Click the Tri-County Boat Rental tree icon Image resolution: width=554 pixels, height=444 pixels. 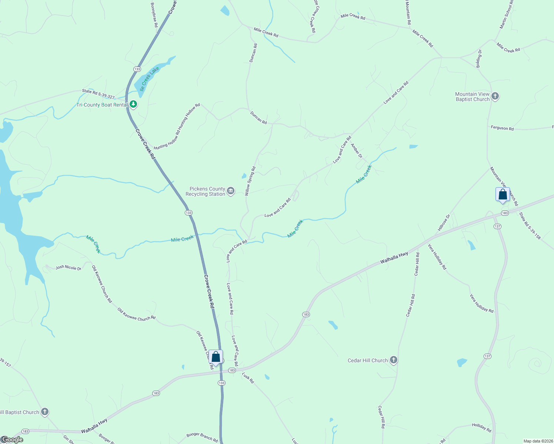coord(133,105)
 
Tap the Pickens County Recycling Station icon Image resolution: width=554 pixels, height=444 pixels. coord(231,191)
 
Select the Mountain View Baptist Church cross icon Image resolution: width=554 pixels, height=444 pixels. coord(495,97)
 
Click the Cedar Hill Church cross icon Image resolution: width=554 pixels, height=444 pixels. coord(394,360)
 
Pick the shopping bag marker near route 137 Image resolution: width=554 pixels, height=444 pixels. coord(503,195)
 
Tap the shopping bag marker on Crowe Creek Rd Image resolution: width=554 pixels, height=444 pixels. coord(216,357)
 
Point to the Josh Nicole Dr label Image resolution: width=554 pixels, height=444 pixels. coord(68,268)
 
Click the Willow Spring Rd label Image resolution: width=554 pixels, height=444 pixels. coord(250,181)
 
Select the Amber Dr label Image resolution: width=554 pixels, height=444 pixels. coord(356,151)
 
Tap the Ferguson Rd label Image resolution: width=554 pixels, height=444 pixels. coord(502,128)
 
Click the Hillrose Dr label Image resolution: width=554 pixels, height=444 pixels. coord(444,222)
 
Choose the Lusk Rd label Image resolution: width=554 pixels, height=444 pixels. coord(248,378)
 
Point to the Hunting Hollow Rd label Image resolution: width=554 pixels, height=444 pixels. coord(177,127)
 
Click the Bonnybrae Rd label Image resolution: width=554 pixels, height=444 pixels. coord(154,15)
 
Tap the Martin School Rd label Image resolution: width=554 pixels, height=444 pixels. coord(506,14)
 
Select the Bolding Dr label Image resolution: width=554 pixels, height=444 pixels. coord(479,58)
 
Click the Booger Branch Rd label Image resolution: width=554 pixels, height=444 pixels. coord(202,437)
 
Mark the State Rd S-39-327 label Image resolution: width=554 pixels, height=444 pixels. coord(98,94)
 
